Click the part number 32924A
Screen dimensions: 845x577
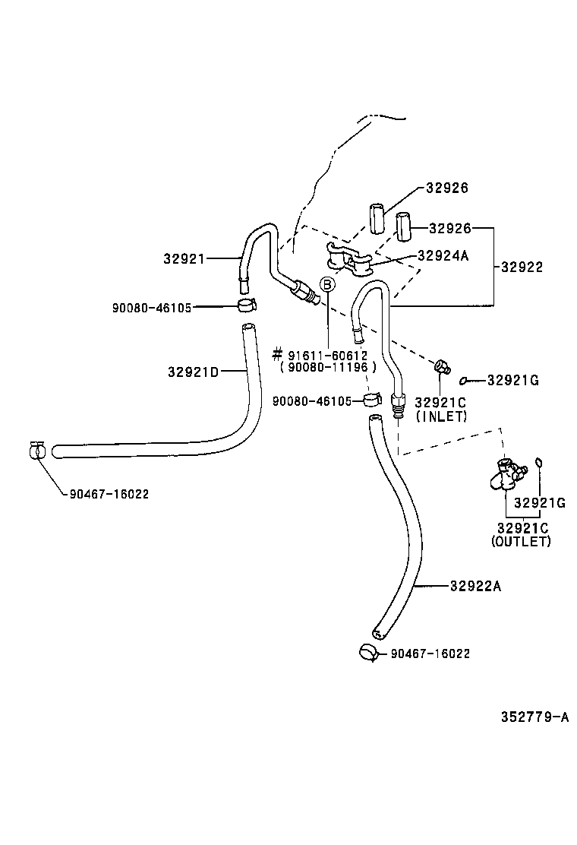(x=443, y=255)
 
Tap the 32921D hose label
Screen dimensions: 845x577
(x=193, y=372)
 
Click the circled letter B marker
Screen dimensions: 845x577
(x=327, y=285)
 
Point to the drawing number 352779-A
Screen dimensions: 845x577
(x=534, y=717)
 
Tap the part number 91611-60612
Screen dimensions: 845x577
(x=328, y=355)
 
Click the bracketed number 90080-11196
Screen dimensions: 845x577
(x=328, y=367)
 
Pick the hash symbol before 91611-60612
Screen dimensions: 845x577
(x=277, y=355)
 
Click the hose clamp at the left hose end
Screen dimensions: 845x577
(x=36, y=451)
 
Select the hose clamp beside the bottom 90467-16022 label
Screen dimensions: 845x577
(x=368, y=652)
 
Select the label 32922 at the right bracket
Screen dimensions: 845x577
(x=522, y=267)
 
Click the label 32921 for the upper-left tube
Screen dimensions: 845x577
(x=184, y=258)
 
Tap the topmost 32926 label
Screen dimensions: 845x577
(x=446, y=188)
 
